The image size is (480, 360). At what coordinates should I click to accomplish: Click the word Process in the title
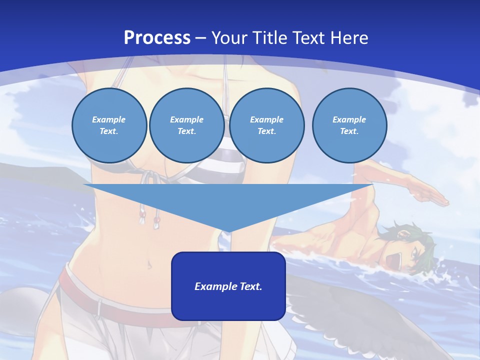pos(157,37)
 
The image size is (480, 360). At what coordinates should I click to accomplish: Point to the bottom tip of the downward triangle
pos(228,232)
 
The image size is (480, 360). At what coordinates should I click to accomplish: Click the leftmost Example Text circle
pos(109,125)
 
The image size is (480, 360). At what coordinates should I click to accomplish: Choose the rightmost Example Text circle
pos(349,125)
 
